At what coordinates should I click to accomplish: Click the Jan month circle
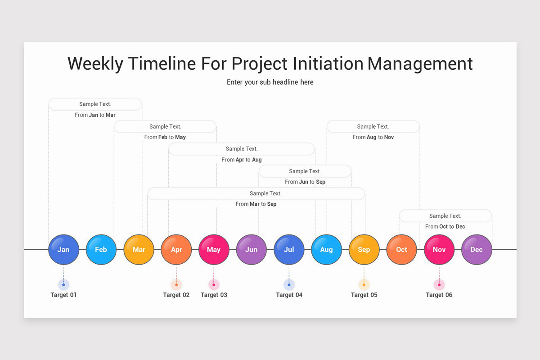(63, 249)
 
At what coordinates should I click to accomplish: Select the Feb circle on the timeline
(101, 249)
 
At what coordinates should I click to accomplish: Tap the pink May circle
(214, 249)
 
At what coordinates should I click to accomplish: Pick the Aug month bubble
(326, 249)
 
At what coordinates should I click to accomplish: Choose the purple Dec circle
(477, 249)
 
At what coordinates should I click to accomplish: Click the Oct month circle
(401, 249)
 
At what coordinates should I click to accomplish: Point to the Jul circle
(289, 249)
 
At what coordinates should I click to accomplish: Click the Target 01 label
(63, 295)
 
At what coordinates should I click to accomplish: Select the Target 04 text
(289, 295)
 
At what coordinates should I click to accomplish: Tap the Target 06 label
(439, 295)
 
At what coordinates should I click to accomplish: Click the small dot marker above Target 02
(176, 284)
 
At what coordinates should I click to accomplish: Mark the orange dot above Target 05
(364, 284)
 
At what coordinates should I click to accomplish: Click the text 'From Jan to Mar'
(95, 115)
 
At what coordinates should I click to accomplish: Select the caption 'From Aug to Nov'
(373, 137)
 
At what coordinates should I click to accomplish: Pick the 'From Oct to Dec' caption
(445, 227)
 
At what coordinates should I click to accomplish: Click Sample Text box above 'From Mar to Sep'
(256, 193)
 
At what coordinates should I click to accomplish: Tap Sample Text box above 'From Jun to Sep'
(305, 171)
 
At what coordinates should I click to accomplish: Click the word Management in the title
(420, 64)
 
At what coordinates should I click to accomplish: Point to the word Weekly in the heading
(95, 64)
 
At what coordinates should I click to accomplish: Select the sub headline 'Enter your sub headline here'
(270, 82)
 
